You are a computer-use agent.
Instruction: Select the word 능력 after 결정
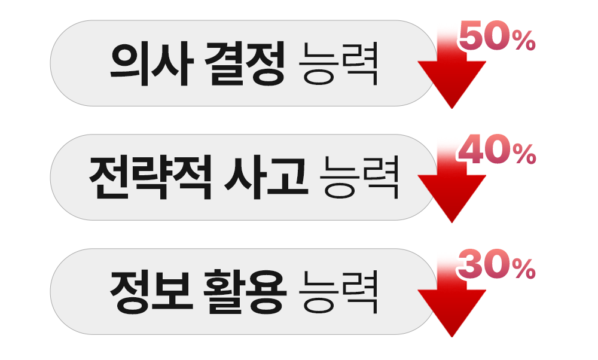click(x=338, y=64)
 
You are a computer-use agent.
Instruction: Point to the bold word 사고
click(x=266, y=178)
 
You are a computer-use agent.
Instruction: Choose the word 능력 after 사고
click(x=359, y=178)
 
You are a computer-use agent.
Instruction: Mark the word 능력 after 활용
click(x=338, y=292)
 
